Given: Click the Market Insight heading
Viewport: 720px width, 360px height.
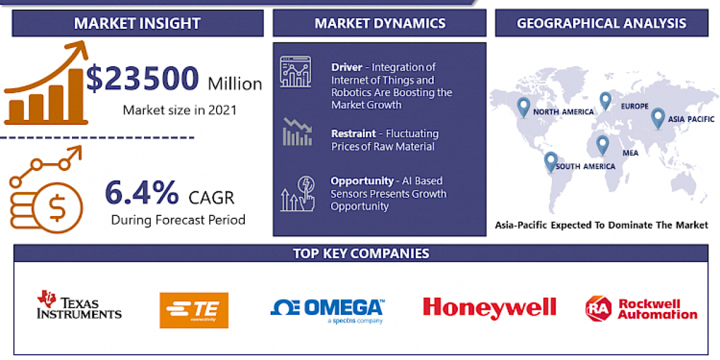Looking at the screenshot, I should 137,23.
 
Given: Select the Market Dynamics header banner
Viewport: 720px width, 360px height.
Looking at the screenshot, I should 380,23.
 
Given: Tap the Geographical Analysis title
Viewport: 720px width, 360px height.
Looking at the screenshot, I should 601,23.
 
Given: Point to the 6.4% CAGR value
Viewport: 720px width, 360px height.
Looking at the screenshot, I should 142,193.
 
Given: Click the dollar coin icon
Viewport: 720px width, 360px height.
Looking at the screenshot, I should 57,209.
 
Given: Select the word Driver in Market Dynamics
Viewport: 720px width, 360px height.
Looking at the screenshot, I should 347,67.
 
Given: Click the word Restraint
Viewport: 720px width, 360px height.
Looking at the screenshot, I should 353,133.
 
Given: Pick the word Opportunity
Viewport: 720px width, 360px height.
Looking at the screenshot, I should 362,180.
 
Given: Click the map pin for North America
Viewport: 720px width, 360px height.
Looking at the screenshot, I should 524,107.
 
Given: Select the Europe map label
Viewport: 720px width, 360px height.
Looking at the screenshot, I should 635,106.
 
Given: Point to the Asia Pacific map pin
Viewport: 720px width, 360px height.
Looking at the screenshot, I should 658,117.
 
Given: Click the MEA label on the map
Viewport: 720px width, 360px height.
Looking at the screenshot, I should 630,152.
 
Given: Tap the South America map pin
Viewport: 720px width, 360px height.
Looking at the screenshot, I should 550,161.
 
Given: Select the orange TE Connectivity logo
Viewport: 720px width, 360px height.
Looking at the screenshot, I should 194,310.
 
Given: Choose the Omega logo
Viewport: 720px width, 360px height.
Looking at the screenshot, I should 327,309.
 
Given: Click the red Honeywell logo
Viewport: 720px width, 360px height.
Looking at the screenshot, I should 489,307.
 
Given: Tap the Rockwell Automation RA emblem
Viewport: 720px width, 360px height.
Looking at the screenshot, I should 598,307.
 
